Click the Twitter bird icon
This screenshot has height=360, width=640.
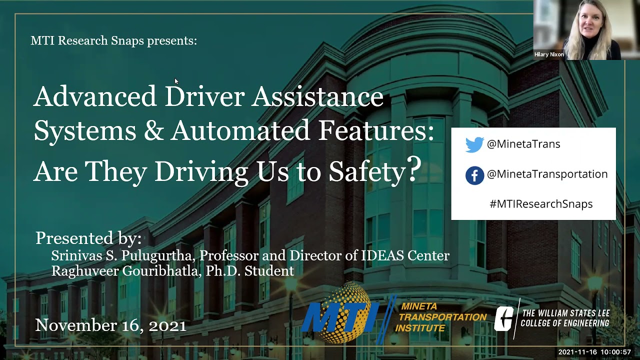pyautogui.click(x=474, y=144)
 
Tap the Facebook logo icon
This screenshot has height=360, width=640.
pyautogui.click(x=474, y=175)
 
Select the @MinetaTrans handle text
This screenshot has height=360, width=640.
pyautogui.click(x=523, y=144)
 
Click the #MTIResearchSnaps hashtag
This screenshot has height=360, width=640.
pyautogui.click(x=541, y=204)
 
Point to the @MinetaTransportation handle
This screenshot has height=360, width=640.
pyautogui.click(x=547, y=174)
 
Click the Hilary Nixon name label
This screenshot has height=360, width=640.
pyautogui.click(x=549, y=54)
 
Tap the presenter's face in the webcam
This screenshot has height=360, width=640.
pyautogui.click(x=591, y=22)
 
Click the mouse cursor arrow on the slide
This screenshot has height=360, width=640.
pyautogui.click(x=176, y=81)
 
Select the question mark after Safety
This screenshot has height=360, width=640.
pyautogui.click(x=414, y=169)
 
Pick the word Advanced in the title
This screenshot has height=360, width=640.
pyautogui.click(x=95, y=96)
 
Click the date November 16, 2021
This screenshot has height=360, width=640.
pyautogui.click(x=110, y=326)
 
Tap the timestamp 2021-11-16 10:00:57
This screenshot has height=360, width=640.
pyautogui.click(x=594, y=352)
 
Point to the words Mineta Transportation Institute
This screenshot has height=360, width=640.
pyautogui.click(x=440, y=317)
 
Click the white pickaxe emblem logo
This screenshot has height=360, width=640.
pyautogui.click(x=505, y=318)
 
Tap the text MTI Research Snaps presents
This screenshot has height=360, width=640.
pyautogui.click(x=114, y=40)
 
